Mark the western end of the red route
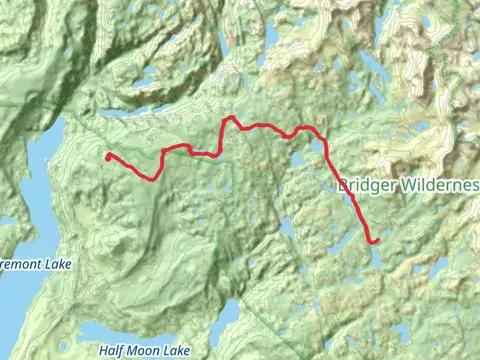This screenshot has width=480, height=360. [x=108, y=155]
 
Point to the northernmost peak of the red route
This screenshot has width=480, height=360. [x=229, y=118]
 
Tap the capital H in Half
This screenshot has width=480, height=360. [x=103, y=351]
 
